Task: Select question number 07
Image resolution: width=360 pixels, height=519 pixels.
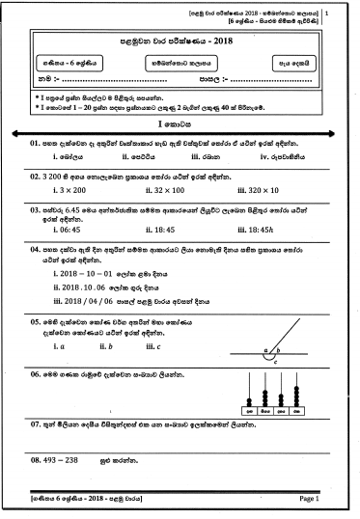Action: pos(36,423)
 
